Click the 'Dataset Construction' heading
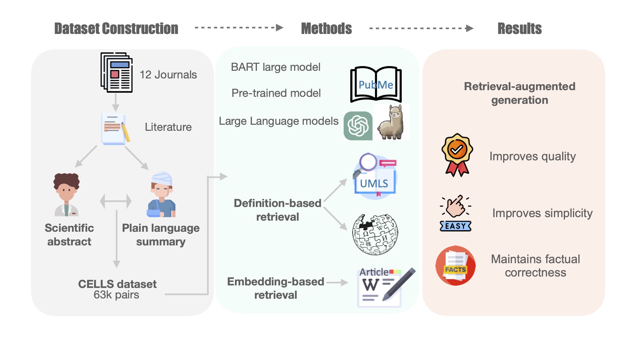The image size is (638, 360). click(x=116, y=29)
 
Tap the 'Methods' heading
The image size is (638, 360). click(x=326, y=29)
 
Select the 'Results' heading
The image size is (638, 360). click(x=520, y=29)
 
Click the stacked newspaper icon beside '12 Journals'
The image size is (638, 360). click(x=117, y=72)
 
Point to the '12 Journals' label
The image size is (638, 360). click(x=168, y=75)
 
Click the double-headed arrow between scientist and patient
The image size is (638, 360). click(x=116, y=201)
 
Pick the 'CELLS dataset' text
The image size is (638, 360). click(x=117, y=284)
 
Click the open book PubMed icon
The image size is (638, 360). click(x=376, y=84)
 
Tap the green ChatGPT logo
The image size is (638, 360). click(x=358, y=126)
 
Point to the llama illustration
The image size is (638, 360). click(x=391, y=123)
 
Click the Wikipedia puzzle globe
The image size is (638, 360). click(x=375, y=234)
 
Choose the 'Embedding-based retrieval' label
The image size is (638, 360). click(x=276, y=288)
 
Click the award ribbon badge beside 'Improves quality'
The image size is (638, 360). click(x=457, y=155)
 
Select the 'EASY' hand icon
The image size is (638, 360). click(x=456, y=213)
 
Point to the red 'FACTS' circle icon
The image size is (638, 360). click(x=455, y=266)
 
